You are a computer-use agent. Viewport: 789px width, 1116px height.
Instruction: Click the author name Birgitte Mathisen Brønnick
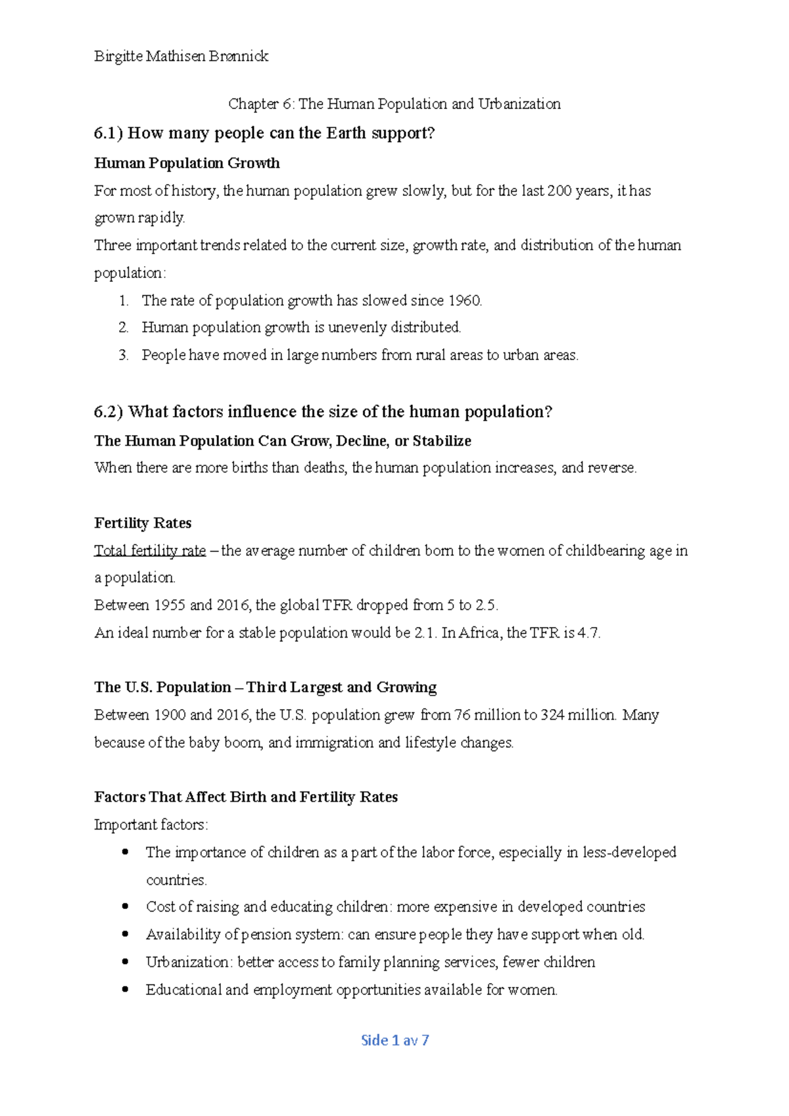pyautogui.click(x=181, y=57)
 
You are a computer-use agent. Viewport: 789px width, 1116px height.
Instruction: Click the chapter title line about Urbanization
pyautogui.click(x=394, y=104)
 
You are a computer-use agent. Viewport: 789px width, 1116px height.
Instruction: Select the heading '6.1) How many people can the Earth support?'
pyautogui.click(x=264, y=133)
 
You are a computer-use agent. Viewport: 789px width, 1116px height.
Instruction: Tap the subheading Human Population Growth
pyautogui.click(x=187, y=163)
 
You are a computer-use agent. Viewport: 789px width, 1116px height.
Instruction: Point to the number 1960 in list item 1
pyautogui.click(x=464, y=301)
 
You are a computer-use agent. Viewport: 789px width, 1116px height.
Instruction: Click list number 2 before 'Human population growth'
pyautogui.click(x=123, y=328)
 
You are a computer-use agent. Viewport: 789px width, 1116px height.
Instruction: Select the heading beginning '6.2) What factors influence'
pyautogui.click(x=323, y=412)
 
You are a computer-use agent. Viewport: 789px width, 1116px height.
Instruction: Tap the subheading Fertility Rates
pyautogui.click(x=143, y=523)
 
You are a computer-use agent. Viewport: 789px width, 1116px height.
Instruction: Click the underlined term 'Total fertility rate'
pyautogui.click(x=150, y=551)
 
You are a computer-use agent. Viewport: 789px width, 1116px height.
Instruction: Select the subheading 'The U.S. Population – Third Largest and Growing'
pyautogui.click(x=265, y=687)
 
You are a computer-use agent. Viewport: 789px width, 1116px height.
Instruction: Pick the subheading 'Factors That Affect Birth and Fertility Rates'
pyautogui.click(x=246, y=797)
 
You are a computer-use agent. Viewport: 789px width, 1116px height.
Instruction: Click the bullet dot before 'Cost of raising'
pyautogui.click(x=126, y=906)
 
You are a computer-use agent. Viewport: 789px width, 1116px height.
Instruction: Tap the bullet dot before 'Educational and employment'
pyautogui.click(x=126, y=989)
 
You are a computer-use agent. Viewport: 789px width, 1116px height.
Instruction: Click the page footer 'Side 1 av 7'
pyautogui.click(x=394, y=1040)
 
